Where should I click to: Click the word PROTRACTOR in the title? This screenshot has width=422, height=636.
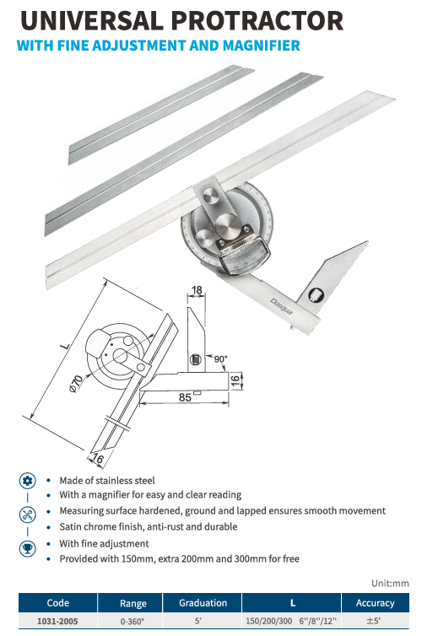pyautogui.click(x=257, y=20)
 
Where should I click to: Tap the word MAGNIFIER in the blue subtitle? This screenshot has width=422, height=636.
pyautogui.click(x=262, y=46)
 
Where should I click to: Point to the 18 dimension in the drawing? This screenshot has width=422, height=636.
pyautogui.click(x=197, y=290)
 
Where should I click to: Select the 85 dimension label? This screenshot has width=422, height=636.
pyautogui.click(x=185, y=397)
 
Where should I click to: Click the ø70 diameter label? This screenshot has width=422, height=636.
pyautogui.click(x=76, y=384)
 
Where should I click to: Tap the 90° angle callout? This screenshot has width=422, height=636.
pyautogui.click(x=221, y=359)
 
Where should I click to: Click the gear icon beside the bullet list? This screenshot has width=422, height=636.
pyautogui.click(x=28, y=481)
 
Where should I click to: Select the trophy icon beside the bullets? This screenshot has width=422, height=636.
pyautogui.click(x=28, y=548)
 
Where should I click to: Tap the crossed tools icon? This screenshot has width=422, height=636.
pyautogui.click(x=28, y=515)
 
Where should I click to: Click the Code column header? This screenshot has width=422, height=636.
pyautogui.click(x=58, y=603)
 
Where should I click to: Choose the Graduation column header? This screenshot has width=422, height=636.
pyautogui.click(x=203, y=603)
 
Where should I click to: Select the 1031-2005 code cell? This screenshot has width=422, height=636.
pyautogui.click(x=57, y=621)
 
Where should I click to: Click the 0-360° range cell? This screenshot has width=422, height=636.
pyautogui.click(x=133, y=621)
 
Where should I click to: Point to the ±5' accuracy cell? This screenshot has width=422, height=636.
pyautogui.click(x=373, y=621)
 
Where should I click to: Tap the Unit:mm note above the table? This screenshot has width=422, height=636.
pyautogui.click(x=390, y=583)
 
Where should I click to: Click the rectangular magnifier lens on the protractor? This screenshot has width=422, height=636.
pyautogui.click(x=245, y=260)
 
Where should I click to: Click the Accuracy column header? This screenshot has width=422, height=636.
pyautogui.click(x=376, y=603)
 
